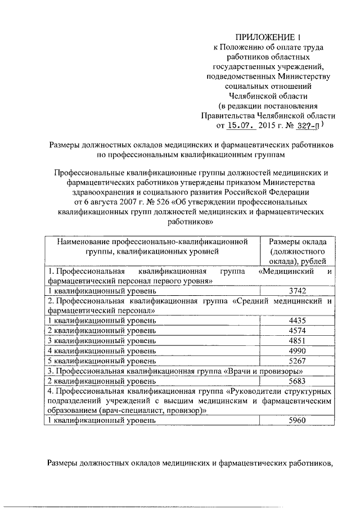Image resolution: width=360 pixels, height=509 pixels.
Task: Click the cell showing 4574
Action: (296, 330)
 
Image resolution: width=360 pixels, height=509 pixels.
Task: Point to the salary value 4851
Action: (296, 340)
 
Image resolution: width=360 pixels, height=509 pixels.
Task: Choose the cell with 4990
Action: (296, 350)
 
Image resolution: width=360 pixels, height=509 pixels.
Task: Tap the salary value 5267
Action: (296, 360)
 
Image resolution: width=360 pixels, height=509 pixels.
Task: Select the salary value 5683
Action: (296, 380)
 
